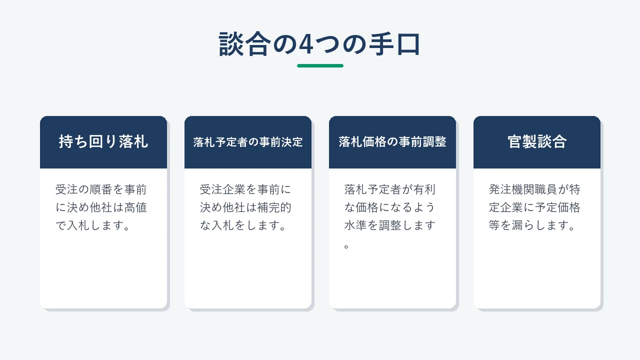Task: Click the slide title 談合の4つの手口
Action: (319, 44)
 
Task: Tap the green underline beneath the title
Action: (320, 65)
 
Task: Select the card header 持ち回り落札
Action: (103, 141)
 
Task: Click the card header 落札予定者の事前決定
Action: (247, 142)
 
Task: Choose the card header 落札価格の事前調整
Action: (392, 141)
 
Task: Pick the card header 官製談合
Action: (537, 141)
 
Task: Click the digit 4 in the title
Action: (305, 44)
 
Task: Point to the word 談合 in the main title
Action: (244, 44)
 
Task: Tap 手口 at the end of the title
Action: (395, 44)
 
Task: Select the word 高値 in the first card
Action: (135, 207)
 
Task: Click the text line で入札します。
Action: (93, 225)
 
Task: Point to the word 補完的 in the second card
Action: (274, 207)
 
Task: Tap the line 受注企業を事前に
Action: (245, 189)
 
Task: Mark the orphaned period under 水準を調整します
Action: (346, 246)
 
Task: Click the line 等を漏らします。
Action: (532, 225)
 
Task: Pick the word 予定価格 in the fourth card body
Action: (557, 207)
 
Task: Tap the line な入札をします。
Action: (243, 225)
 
